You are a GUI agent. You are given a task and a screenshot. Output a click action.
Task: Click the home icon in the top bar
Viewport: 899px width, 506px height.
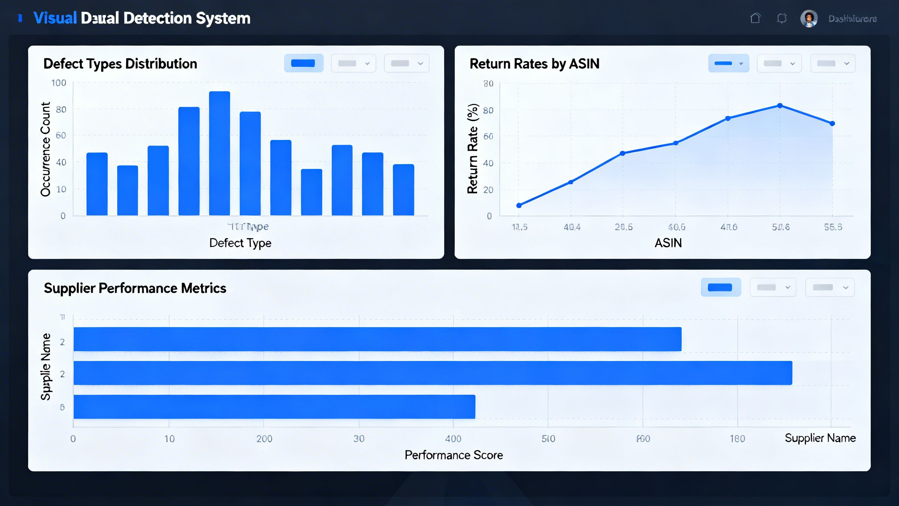tap(755, 18)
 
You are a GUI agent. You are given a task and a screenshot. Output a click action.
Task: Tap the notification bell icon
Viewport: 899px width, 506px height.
tap(781, 18)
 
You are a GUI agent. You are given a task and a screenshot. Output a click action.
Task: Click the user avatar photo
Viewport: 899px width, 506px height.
tap(809, 19)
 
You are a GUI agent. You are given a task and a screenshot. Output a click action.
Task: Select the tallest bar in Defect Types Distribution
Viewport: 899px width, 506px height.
tap(219, 153)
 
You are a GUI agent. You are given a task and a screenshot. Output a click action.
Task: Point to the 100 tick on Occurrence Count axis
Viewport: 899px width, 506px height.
tap(59, 83)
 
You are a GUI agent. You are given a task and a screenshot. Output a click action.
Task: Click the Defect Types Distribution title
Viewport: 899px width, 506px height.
tap(120, 64)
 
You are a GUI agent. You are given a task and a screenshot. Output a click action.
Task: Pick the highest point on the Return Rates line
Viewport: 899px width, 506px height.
tap(780, 106)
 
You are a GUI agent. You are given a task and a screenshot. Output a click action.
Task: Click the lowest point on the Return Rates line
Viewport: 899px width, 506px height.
tap(519, 205)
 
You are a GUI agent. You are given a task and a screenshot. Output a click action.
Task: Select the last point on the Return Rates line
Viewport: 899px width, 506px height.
tap(832, 123)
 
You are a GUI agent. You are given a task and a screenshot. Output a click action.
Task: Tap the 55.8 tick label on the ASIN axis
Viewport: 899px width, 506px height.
tap(833, 227)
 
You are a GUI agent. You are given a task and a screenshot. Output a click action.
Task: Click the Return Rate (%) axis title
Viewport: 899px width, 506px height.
tap(473, 149)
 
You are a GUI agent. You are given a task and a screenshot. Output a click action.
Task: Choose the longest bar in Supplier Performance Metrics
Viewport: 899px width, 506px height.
tap(433, 373)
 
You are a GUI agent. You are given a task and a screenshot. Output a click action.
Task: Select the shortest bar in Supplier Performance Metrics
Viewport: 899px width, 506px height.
tap(274, 407)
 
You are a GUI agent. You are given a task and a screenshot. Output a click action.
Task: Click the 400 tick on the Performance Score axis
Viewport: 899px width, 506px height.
tap(453, 439)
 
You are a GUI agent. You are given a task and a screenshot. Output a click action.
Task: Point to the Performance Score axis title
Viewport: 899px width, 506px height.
tap(454, 455)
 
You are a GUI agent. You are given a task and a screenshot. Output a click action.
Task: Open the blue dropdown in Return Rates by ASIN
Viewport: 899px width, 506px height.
tap(728, 64)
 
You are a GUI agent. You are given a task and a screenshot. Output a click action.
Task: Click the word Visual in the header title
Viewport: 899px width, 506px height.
tap(55, 18)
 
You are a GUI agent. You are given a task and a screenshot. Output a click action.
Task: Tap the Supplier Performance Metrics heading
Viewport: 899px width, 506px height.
tap(135, 288)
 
